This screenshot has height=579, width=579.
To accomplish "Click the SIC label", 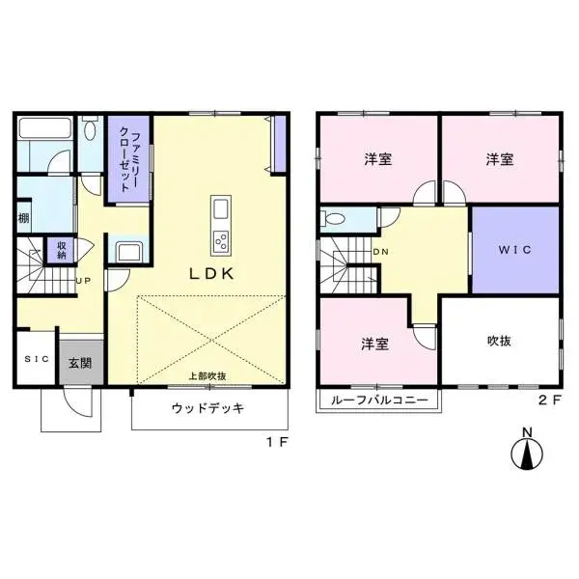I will coord(36,359).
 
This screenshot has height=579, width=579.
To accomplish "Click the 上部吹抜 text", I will coord(207,376).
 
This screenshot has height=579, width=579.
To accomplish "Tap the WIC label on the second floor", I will coord(514,250).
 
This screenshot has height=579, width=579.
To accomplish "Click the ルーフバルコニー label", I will coord(377,400).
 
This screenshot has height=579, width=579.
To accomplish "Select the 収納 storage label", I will coord(63,249).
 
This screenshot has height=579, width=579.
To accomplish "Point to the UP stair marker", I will coord(83,281).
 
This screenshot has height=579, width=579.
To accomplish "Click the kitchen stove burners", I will coord(220,239).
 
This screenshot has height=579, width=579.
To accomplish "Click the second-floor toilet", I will coord(334,218).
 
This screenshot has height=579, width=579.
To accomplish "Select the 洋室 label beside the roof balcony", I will coord(376,343).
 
